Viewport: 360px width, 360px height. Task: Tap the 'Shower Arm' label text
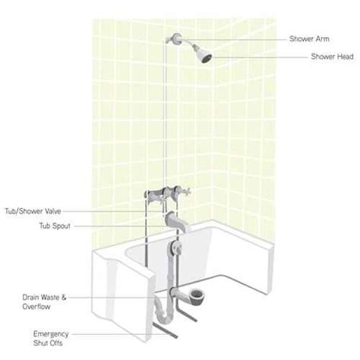[x=308, y=36]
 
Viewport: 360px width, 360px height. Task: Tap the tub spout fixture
[x=181, y=220]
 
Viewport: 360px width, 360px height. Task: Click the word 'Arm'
[x=320, y=36]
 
